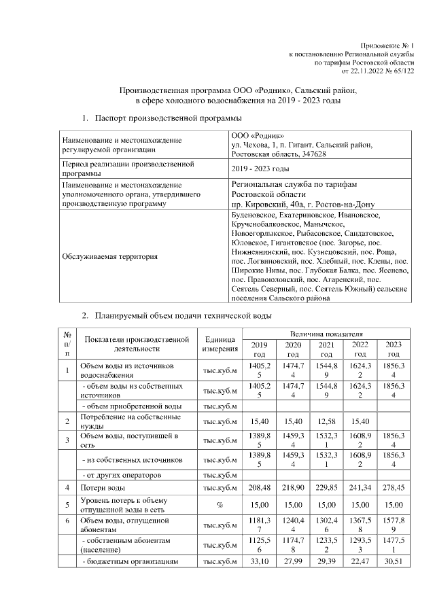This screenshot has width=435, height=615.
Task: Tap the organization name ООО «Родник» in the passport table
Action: pyautogui.click(x=254, y=135)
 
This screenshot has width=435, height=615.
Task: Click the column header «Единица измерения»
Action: pyautogui.click(x=219, y=344)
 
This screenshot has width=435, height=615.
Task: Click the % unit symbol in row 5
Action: pyautogui.click(x=219, y=505)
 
